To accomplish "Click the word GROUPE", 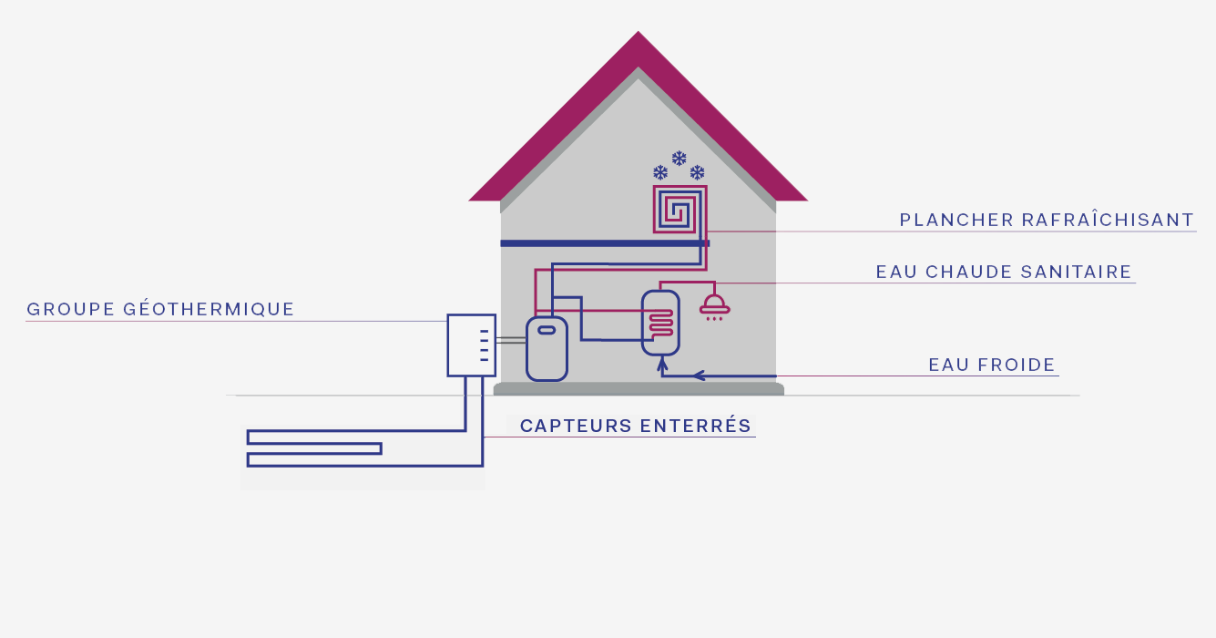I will click(x=69, y=309).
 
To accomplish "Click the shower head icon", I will click(x=714, y=306).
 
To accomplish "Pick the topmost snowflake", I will click(x=679, y=159).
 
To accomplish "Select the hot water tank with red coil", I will click(x=660, y=323).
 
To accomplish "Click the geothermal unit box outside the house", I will click(x=471, y=345).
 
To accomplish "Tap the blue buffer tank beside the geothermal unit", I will click(x=547, y=349).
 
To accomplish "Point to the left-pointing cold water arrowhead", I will click(x=699, y=375).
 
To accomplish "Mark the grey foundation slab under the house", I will click(x=639, y=389).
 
